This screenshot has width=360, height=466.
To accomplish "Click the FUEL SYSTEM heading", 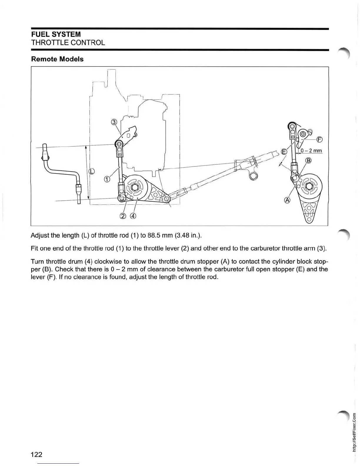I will tap(56, 34).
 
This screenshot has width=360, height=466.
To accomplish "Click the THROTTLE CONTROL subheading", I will tap(68, 43).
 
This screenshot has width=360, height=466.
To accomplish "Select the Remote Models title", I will tap(57, 59).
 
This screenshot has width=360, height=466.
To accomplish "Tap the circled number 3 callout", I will tap(114, 122).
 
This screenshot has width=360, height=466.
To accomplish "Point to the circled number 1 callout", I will tap(107, 179).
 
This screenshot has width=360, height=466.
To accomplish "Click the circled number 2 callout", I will tap(123, 216).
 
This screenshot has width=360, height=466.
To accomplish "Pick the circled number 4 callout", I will tap(133, 216).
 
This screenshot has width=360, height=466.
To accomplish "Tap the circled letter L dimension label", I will tap(92, 171).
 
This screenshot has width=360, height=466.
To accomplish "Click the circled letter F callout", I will tap(320, 139).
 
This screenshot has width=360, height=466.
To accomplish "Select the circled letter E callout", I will tap(284, 152).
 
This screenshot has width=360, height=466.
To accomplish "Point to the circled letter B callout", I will tap(308, 161).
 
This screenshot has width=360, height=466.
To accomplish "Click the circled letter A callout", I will tap(287, 200).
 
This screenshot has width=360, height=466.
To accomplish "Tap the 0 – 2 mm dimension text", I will tap(311, 151).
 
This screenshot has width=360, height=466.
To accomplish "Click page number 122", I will tap(37, 455).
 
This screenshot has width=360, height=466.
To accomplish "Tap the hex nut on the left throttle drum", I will tap(135, 187).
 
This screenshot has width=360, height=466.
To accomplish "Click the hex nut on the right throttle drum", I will tap(309, 186).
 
